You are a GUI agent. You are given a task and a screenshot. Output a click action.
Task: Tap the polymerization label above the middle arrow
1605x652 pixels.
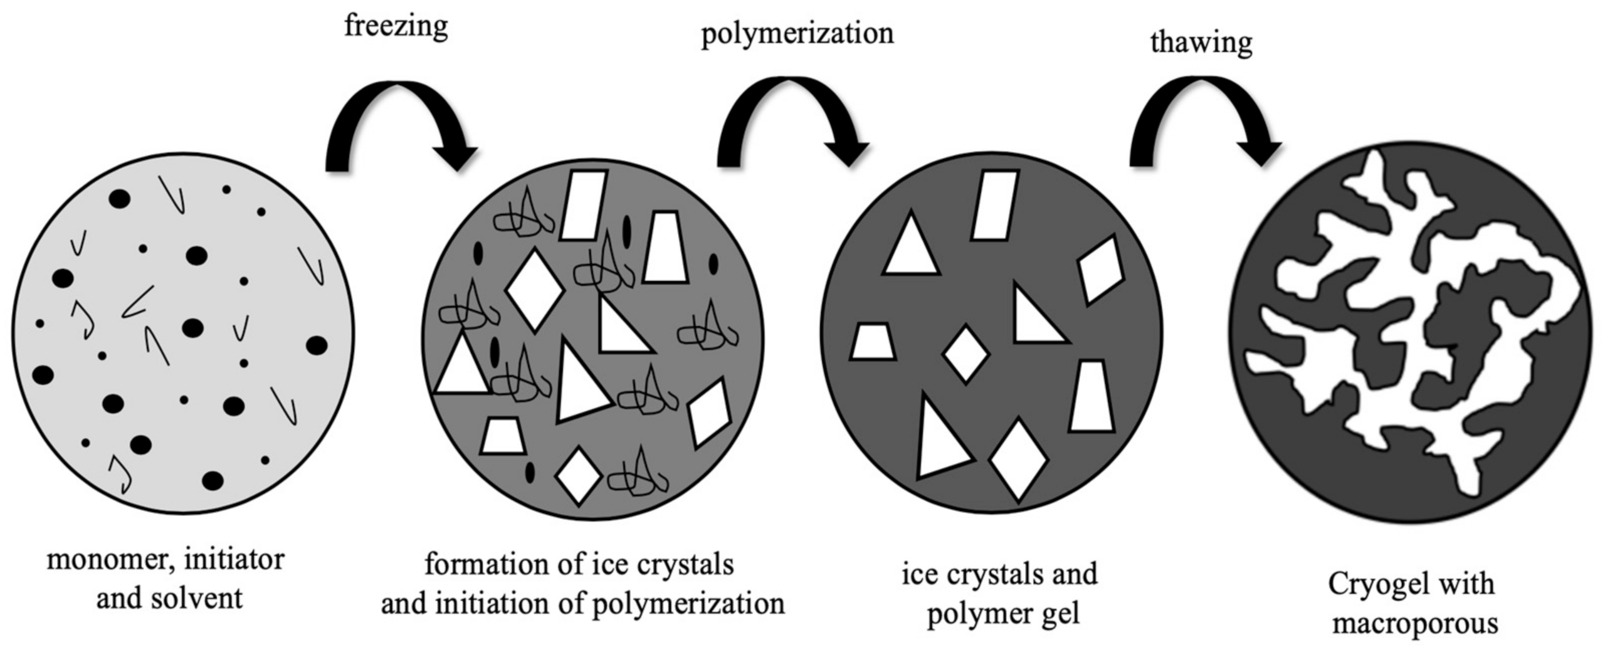click(x=797, y=33)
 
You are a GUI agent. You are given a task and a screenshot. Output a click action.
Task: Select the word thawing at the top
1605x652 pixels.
click(x=1201, y=43)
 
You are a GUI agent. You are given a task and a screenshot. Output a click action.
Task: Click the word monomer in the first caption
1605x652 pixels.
click(x=103, y=560)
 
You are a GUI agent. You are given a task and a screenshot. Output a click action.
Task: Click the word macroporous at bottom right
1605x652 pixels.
click(x=1415, y=624)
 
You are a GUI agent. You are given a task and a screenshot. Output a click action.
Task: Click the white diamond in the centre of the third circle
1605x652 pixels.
click(x=966, y=354)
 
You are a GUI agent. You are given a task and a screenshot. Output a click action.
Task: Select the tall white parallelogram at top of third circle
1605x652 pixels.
click(x=994, y=205)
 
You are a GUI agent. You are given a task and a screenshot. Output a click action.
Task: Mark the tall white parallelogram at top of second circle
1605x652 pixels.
click(x=583, y=205)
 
